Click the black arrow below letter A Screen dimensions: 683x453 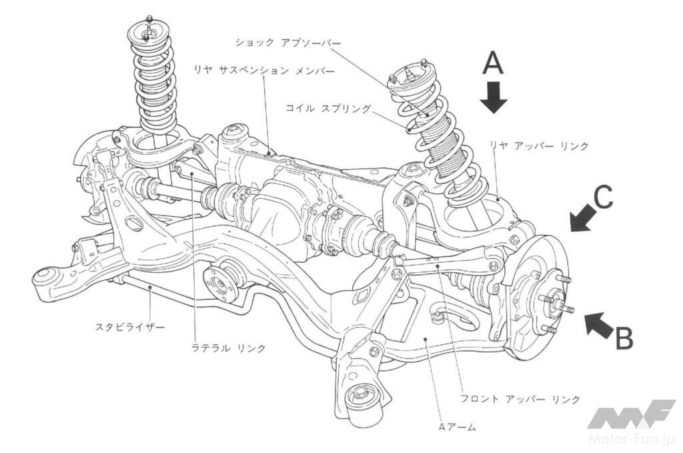coord(494,97)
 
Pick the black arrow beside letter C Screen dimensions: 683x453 coord(583,218)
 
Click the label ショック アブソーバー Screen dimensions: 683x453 coord(288,42)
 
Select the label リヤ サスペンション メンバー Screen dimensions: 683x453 coord(264,70)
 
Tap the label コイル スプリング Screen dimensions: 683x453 coord(328,107)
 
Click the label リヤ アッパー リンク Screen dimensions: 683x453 coord(539,146)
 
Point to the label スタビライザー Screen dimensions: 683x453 coord(130,326)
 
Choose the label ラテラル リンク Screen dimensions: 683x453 coord(228,348)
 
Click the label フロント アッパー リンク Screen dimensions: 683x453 coord(520,398)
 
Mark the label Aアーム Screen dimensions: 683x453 coord(456,427)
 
